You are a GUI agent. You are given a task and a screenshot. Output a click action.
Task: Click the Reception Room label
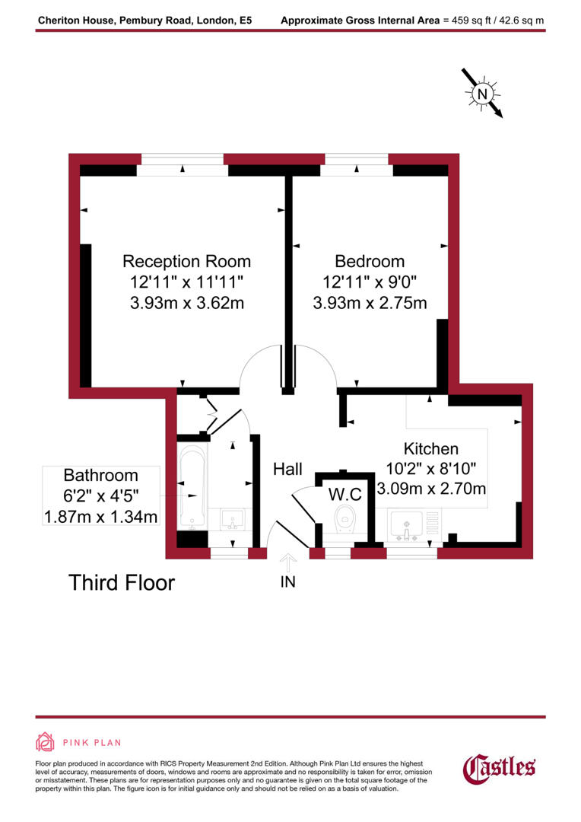186,261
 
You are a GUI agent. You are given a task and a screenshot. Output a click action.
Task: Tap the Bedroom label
370,261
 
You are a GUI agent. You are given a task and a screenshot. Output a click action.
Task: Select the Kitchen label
430,448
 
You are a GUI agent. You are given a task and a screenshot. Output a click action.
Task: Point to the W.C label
344,494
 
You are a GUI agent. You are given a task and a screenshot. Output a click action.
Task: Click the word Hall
288,469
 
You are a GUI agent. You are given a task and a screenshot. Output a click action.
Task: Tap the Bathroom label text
100,476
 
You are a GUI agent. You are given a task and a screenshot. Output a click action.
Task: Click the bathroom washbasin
232,520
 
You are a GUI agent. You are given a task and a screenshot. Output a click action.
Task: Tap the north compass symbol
482,94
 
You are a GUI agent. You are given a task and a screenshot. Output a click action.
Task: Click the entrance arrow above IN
287,562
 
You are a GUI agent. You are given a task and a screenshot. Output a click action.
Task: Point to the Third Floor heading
122,583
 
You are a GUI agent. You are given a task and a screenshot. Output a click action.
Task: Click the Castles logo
500,767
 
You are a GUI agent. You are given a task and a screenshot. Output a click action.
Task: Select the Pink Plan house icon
45,742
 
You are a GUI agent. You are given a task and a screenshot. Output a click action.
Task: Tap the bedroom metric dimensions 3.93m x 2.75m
370,303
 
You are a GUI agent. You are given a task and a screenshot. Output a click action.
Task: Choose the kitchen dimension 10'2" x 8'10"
430,468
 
